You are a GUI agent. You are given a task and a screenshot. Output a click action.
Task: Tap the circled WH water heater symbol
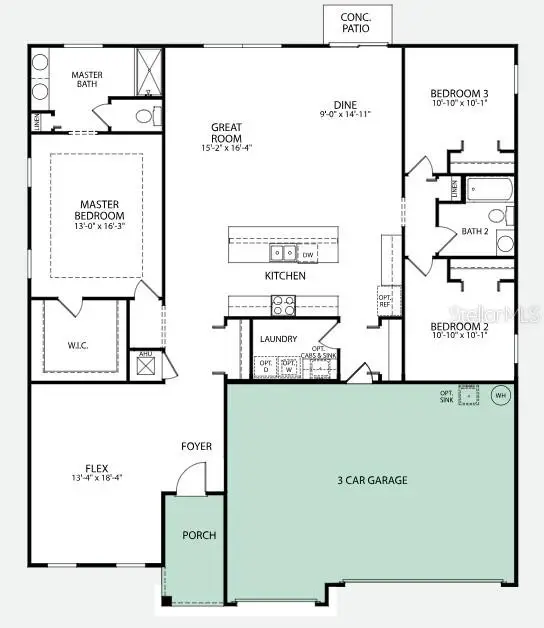(502, 395)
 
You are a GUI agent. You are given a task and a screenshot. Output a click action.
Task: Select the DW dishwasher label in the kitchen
(309, 254)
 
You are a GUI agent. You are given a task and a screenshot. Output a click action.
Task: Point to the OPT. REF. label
(385, 301)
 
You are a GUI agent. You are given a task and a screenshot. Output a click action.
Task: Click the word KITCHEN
(284, 275)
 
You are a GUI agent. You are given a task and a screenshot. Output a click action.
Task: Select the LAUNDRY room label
(278, 339)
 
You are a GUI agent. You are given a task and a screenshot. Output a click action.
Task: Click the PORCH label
(198, 535)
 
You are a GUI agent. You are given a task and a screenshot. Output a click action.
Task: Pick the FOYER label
(196, 446)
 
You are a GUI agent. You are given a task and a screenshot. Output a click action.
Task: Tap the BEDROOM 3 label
(459, 93)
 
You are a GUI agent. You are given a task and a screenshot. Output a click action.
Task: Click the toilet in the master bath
(144, 116)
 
